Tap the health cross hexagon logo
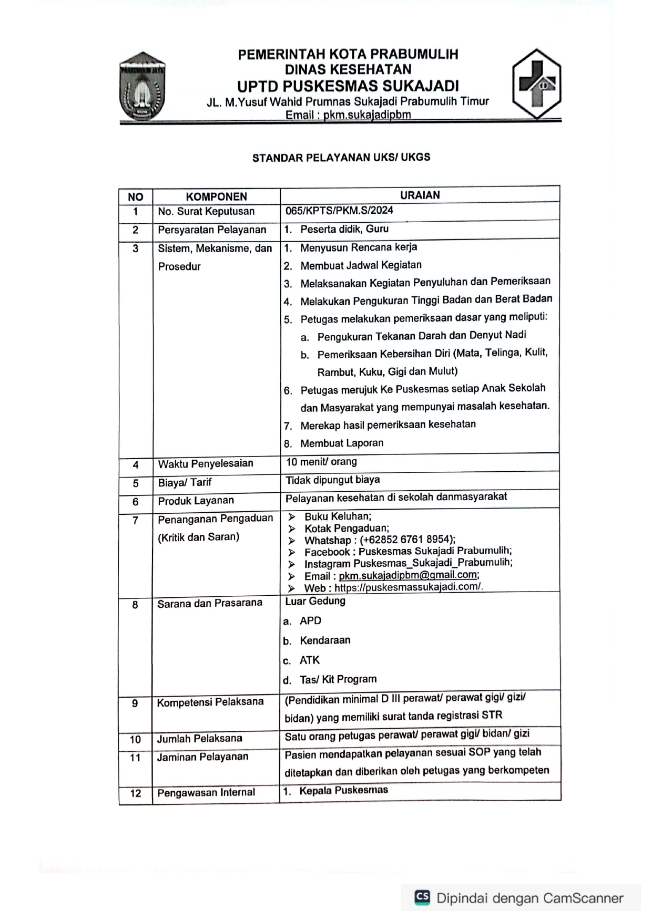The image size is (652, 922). click(x=536, y=84)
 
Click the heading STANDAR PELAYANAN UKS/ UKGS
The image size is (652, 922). click(x=341, y=158)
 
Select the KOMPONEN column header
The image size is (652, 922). click(x=216, y=196)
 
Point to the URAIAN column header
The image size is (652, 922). click(x=420, y=195)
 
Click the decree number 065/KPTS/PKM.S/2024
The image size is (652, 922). click(x=339, y=211)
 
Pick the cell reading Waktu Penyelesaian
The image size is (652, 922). click(x=206, y=463)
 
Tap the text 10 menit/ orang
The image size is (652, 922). click(x=321, y=462)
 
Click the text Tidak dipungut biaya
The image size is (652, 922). click(x=332, y=480)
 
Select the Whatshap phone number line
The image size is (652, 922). click(x=380, y=540)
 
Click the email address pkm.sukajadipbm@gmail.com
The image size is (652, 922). click(x=408, y=575)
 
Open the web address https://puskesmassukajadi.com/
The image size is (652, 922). click(x=408, y=587)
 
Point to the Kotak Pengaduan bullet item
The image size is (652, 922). click(x=347, y=528)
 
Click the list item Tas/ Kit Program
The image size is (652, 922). click(x=338, y=679)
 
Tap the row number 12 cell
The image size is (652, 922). click(x=136, y=793)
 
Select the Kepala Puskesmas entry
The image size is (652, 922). click(x=343, y=790)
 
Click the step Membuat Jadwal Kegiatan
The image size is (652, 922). click(x=361, y=265)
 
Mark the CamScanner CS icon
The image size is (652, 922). click(x=422, y=897)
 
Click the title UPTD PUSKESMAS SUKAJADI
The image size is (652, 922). click(x=348, y=86)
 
